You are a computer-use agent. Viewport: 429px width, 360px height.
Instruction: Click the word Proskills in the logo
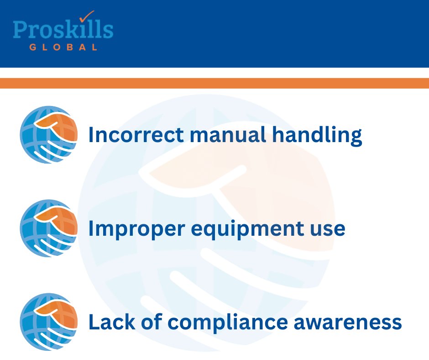point(63,30)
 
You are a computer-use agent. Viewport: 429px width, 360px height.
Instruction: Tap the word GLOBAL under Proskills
point(63,47)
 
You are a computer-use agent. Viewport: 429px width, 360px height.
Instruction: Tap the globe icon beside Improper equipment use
point(48,228)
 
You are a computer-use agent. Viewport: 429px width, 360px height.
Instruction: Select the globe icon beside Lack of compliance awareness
point(48,322)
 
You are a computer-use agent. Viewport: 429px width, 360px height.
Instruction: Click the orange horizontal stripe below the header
point(214,83)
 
